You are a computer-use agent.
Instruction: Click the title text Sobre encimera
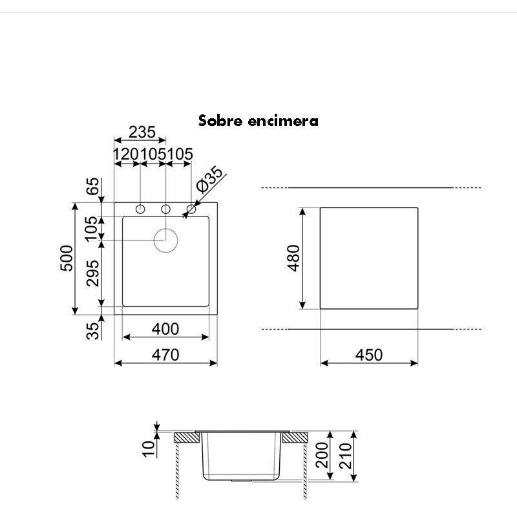(258, 121)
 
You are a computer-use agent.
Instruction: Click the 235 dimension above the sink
(142, 132)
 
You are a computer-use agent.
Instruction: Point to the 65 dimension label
(94, 187)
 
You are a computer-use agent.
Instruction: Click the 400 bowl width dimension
(165, 329)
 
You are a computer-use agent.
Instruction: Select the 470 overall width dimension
(165, 355)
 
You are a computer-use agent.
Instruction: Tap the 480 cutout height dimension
(294, 258)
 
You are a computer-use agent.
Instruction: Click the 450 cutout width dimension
(369, 355)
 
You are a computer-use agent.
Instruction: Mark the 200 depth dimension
(323, 459)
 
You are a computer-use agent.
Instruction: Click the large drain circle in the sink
(165, 240)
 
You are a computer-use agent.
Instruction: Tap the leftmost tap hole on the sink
(140, 209)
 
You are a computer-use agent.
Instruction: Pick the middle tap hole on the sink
(165, 209)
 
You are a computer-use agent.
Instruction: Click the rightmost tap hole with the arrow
(191, 209)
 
